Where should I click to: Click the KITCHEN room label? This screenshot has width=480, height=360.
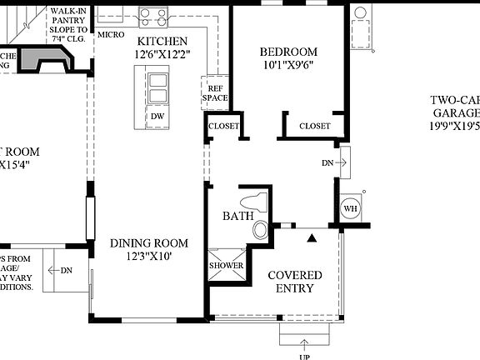coord(162,41)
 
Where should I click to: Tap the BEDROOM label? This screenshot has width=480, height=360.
coord(288,52)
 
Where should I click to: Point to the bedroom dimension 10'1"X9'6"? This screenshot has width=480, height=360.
coord(288,66)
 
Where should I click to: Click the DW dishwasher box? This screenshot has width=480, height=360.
coord(157,116)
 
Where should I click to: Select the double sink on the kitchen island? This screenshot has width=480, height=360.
coord(157,86)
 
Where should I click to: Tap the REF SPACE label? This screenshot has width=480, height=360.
coord(214,92)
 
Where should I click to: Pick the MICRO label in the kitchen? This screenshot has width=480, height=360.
coord(111,35)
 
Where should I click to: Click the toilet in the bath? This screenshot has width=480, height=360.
coord(253,202)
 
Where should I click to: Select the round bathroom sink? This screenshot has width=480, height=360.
coord(262,231)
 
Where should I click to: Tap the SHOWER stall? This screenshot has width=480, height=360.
coord(226,266)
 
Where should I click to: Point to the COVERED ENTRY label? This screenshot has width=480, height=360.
coord(291,282)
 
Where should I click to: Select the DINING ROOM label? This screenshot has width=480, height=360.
coord(149,243)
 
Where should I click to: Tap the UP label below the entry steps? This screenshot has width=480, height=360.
coord(304,357)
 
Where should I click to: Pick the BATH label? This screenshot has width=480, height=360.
coord(232,217)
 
